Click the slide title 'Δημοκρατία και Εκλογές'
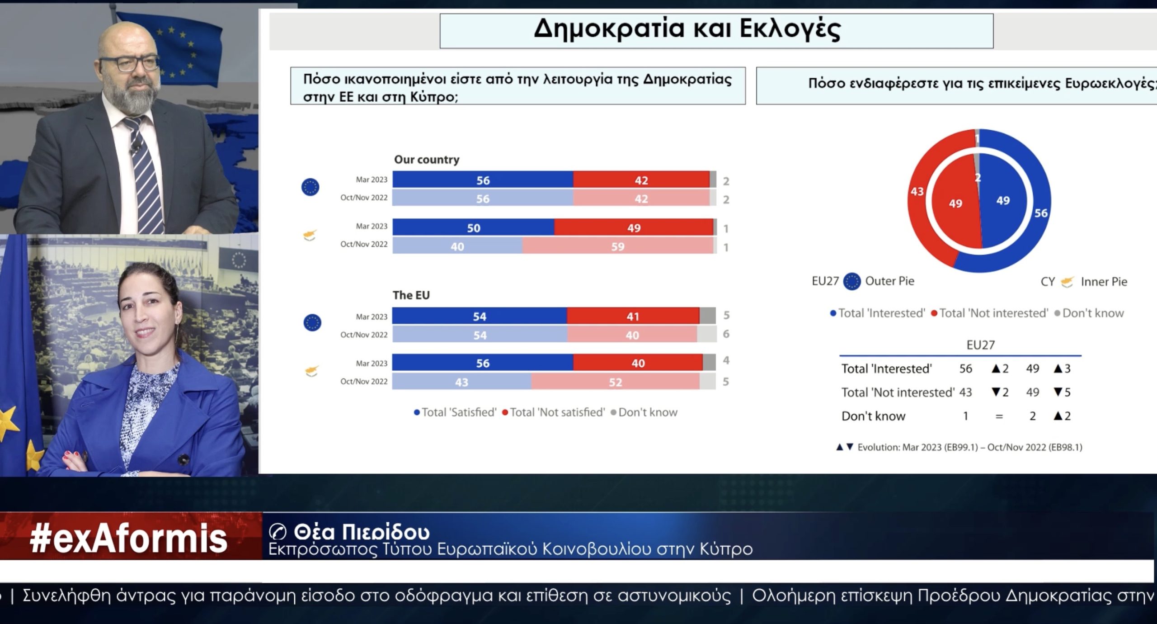click(687, 29)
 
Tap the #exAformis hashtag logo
click(128, 538)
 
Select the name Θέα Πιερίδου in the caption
click(362, 532)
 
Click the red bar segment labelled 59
click(617, 246)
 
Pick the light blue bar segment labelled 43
click(461, 382)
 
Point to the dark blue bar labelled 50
click(473, 227)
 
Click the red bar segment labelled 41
click(633, 316)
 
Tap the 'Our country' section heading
click(427, 160)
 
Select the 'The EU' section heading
click(411, 295)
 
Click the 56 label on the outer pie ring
click(1041, 213)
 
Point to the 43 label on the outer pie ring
click(917, 192)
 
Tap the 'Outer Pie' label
click(889, 281)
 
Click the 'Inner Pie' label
click(1104, 282)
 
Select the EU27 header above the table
click(980, 345)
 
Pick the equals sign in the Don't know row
click(999, 416)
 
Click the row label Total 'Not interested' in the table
click(898, 392)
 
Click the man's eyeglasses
click(130, 63)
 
